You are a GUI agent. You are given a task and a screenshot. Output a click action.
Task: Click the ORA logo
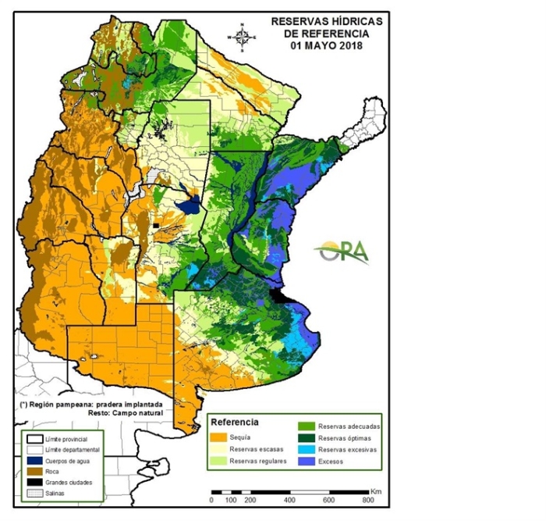point(342,252)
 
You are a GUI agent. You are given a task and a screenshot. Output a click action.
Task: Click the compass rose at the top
point(243,35)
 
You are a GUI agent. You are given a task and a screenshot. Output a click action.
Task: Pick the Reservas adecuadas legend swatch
point(305,426)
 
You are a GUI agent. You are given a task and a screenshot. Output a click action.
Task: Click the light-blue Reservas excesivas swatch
point(305,451)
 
